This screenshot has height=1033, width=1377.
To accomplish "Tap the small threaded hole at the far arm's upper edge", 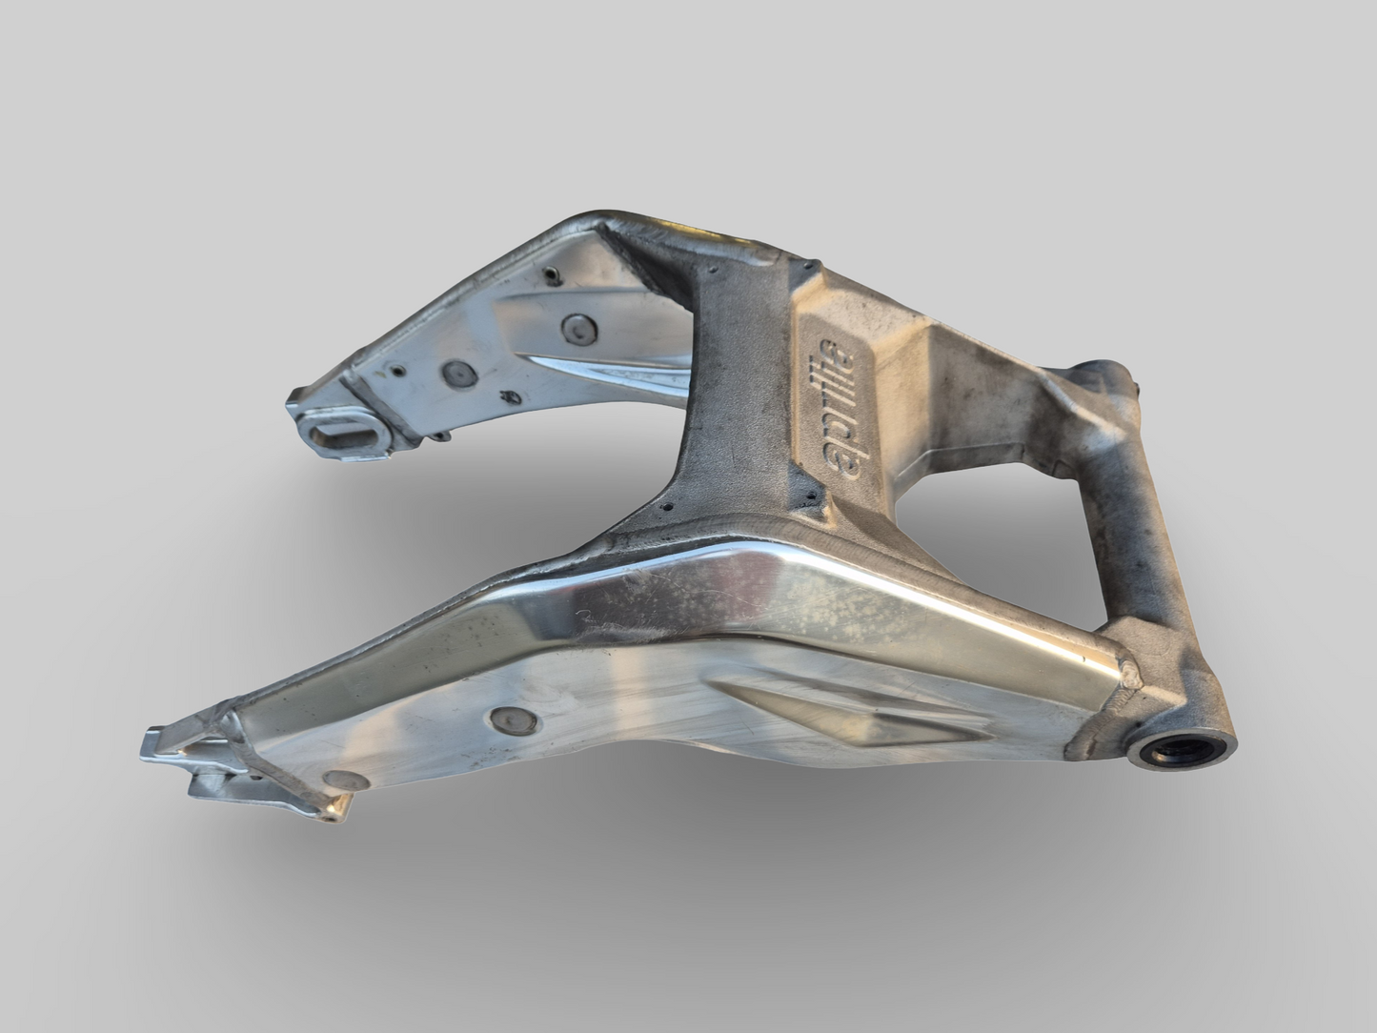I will coord(551,275).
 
